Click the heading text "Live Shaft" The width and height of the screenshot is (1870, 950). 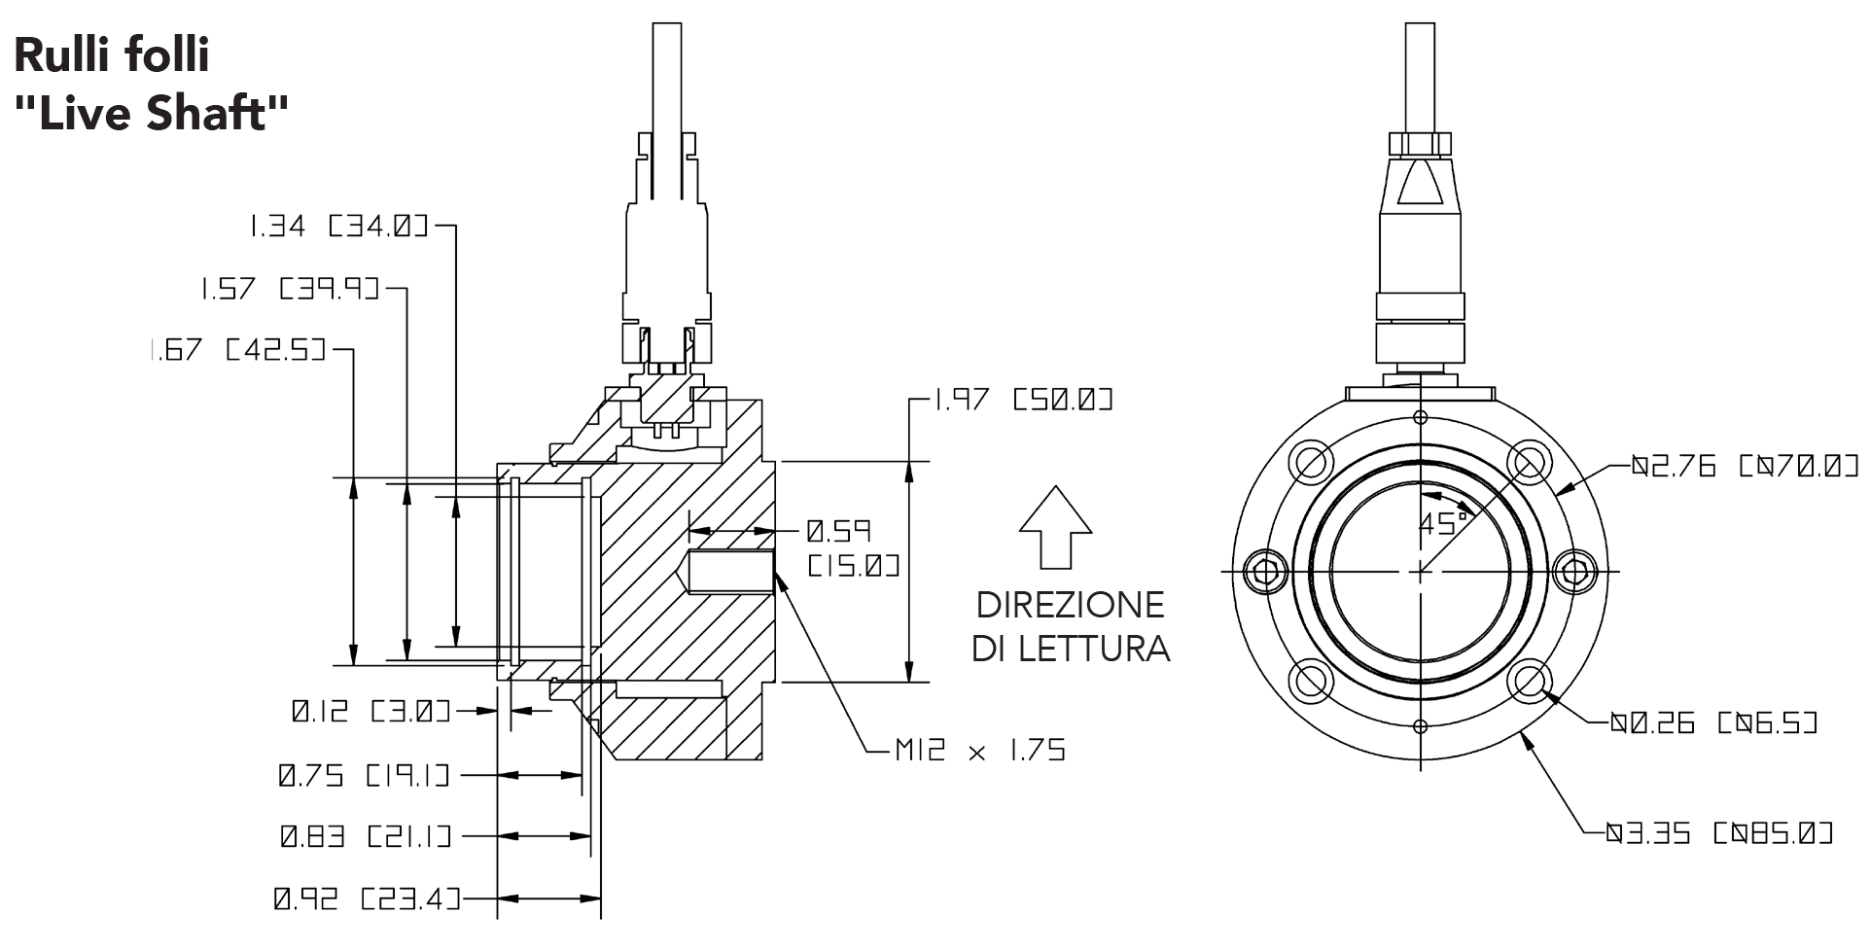[x=152, y=113]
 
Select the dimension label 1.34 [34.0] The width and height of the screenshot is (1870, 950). [x=337, y=228]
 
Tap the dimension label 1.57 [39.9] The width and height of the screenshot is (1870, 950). [x=289, y=289]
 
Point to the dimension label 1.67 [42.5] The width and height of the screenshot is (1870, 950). [x=237, y=349]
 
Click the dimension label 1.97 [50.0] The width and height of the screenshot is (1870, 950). [x=1023, y=400]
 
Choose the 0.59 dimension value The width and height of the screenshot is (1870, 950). [x=838, y=532]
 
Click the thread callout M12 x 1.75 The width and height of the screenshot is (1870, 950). [x=979, y=750]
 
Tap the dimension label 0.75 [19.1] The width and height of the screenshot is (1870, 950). [x=365, y=776]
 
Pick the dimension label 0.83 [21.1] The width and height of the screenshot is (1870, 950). [x=366, y=836]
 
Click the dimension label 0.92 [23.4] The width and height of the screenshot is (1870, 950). [x=366, y=899]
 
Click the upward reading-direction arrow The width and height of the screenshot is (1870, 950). [x=1055, y=525]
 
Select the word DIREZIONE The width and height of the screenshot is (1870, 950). [x=1070, y=605]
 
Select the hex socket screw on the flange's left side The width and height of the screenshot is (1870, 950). [x=1266, y=572]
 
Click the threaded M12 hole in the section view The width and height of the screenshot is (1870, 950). [x=729, y=571]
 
